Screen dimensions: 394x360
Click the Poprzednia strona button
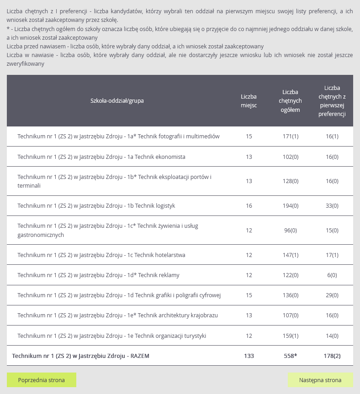(42, 380)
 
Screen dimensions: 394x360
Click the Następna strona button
(320, 380)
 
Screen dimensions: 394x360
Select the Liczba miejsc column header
(249, 101)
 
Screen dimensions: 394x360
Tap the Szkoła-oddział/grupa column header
(117, 101)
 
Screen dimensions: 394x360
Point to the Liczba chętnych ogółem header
(291, 101)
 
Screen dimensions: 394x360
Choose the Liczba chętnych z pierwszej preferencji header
(332, 101)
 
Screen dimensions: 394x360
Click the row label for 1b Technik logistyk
(96, 206)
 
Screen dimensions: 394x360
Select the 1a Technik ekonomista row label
(101, 157)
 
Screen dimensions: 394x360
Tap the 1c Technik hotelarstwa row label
(101, 255)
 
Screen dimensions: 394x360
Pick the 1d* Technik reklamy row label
(99, 275)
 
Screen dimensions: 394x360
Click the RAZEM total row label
(81, 356)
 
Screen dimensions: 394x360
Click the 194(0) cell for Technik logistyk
(291, 206)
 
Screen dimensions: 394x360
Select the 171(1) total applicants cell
(291, 137)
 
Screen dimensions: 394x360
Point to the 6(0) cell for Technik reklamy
(332, 275)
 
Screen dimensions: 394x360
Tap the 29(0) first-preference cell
(332, 295)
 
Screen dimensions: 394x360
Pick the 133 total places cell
(249, 356)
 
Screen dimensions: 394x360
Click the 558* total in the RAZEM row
(291, 356)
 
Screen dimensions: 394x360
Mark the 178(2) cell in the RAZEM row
(332, 356)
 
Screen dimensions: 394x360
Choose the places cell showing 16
(249, 206)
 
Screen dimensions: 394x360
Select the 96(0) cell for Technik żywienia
(291, 231)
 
